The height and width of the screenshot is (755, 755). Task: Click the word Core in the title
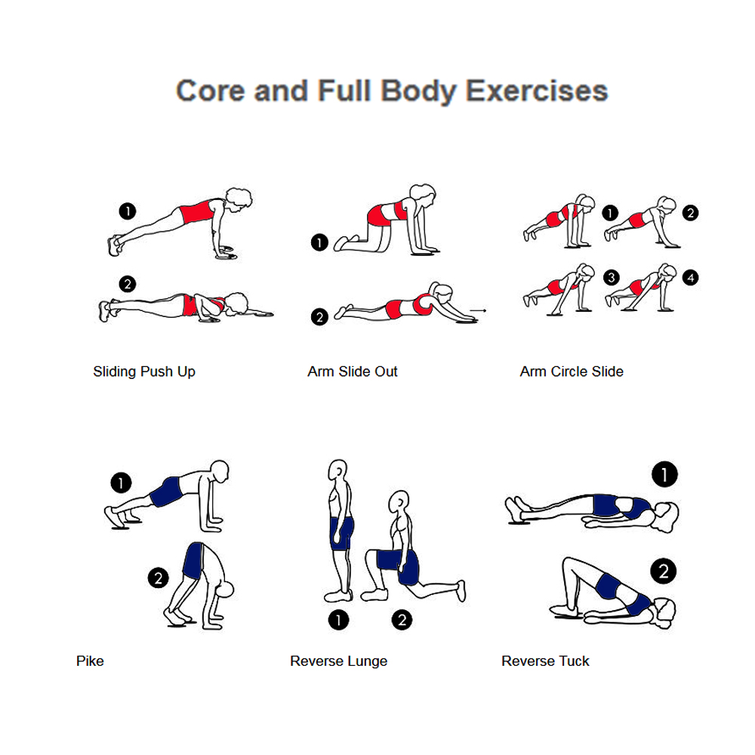(211, 91)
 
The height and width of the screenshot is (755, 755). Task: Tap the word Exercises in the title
(537, 91)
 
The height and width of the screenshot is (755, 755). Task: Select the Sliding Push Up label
(144, 371)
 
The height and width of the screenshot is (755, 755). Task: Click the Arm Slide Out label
(353, 371)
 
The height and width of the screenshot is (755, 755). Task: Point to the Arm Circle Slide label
(572, 371)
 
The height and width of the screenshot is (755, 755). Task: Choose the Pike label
(90, 661)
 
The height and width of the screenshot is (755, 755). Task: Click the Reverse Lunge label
(338, 661)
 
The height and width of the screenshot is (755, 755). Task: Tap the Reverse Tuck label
(545, 661)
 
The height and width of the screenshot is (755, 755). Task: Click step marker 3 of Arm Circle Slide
(612, 277)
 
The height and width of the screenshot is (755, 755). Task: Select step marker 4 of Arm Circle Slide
(691, 277)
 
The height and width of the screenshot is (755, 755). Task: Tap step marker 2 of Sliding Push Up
(127, 284)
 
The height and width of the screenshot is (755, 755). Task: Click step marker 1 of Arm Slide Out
(319, 242)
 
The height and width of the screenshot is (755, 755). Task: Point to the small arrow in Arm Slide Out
(478, 310)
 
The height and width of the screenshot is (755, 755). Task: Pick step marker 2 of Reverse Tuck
(664, 571)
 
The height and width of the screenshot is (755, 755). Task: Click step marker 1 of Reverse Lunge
(338, 620)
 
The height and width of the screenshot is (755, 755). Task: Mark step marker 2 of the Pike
(159, 578)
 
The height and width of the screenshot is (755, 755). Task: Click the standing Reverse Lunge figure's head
(337, 470)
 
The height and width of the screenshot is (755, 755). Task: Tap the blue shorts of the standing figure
(341, 534)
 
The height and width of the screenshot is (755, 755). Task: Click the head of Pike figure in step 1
(220, 470)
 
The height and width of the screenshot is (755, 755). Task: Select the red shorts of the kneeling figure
(380, 215)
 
